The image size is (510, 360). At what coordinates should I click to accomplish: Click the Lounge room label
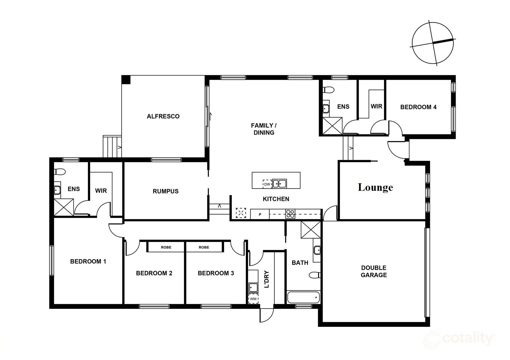click(x=375, y=187)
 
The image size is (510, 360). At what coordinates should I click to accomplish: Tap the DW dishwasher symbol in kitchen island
click(x=267, y=184)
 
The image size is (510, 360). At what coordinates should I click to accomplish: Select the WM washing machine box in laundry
click(x=253, y=299)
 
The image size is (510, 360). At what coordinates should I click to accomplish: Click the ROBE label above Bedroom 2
click(x=166, y=247)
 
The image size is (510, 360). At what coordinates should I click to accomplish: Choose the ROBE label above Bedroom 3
click(x=204, y=247)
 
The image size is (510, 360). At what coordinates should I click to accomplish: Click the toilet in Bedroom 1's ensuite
click(x=59, y=172)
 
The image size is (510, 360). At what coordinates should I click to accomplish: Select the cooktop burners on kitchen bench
click(x=290, y=214)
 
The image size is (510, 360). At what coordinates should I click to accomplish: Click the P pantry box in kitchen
click(x=260, y=215)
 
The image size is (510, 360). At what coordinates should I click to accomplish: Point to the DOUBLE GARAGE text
click(x=374, y=271)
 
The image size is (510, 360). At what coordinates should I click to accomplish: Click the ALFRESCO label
click(x=163, y=116)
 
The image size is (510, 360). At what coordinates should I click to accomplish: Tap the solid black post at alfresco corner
click(x=126, y=80)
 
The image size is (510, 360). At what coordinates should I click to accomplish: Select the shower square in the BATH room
click(x=311, y=230)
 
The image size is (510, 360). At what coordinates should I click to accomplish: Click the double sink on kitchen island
click(x=279, y=183)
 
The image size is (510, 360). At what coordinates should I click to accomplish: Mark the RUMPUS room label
click(x=165, y=191)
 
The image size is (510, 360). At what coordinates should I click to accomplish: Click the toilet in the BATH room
click(x=315, y=275)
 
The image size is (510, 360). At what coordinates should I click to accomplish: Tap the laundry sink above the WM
click(x=253, y=287)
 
